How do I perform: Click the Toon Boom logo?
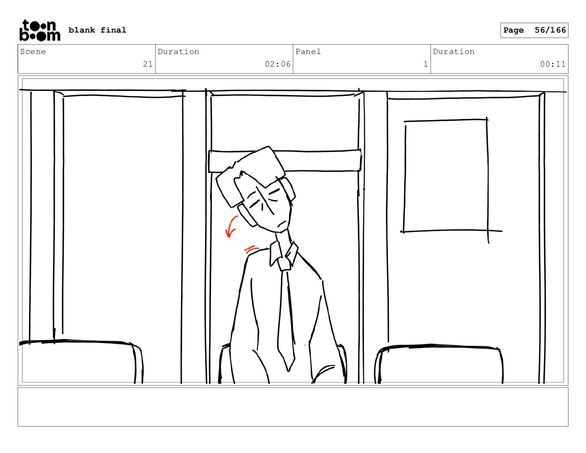click(40, 30)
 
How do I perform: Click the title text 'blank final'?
click(97, 30)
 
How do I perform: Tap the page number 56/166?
click(550, 30)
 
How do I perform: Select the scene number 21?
click(148, 64)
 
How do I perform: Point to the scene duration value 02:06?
click(278, 64)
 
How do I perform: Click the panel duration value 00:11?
click(553, 64)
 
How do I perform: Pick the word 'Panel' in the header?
click(308, 51)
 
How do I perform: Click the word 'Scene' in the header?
click(33, 51)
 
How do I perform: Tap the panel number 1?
click(425, 64)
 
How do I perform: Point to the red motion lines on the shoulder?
click(251, 249)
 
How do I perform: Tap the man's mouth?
click(282, 224)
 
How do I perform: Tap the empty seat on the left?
click(81, 362)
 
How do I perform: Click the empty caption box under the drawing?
click(293, 407)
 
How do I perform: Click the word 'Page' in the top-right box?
click(513, 30)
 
